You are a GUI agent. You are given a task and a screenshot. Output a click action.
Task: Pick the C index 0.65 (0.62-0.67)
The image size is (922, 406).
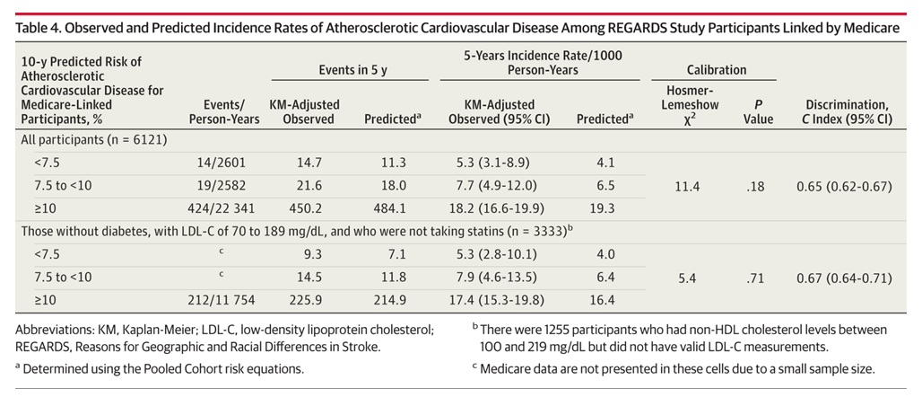coord(846,186)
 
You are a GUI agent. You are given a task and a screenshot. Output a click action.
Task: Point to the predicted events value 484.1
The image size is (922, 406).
coord(394,209)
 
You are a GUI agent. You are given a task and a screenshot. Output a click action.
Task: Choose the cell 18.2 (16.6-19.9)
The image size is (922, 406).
coord(499,209)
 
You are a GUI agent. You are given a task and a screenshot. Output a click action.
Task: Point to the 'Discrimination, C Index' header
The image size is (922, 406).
coord(846,112)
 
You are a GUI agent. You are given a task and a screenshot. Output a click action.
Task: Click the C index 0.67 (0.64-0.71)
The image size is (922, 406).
coord(846,278)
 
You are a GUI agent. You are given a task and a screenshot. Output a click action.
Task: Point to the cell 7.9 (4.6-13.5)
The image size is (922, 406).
coord(499,278)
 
